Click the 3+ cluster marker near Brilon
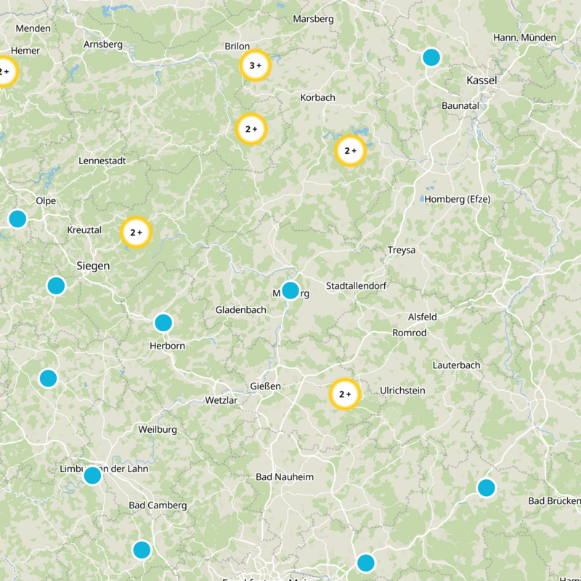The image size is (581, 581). coord(255,65)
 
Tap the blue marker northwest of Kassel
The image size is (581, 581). coord(431,57)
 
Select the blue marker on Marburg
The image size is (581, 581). coord(290,290)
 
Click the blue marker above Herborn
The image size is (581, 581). coord(163,322)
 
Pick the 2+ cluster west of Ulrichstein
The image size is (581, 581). coord(345,394)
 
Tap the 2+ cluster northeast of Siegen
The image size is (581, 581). coord(136,233)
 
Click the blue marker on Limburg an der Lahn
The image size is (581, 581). coord(92,476)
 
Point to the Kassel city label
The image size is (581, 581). coord(482,81)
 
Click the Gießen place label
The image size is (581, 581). coord(265,386)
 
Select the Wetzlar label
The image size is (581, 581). coord(222,400)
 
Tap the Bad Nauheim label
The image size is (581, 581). coord(285,477)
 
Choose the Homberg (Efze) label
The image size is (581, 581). coord(458,199)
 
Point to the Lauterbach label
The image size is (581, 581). coord(457,365)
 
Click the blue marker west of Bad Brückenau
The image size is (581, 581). coord(486,487)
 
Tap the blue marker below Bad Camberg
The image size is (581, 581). coord(142,550)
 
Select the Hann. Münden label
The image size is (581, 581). coord(524,38)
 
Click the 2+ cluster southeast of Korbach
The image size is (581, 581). coord(350,151)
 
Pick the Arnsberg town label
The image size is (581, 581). coord(103,44)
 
